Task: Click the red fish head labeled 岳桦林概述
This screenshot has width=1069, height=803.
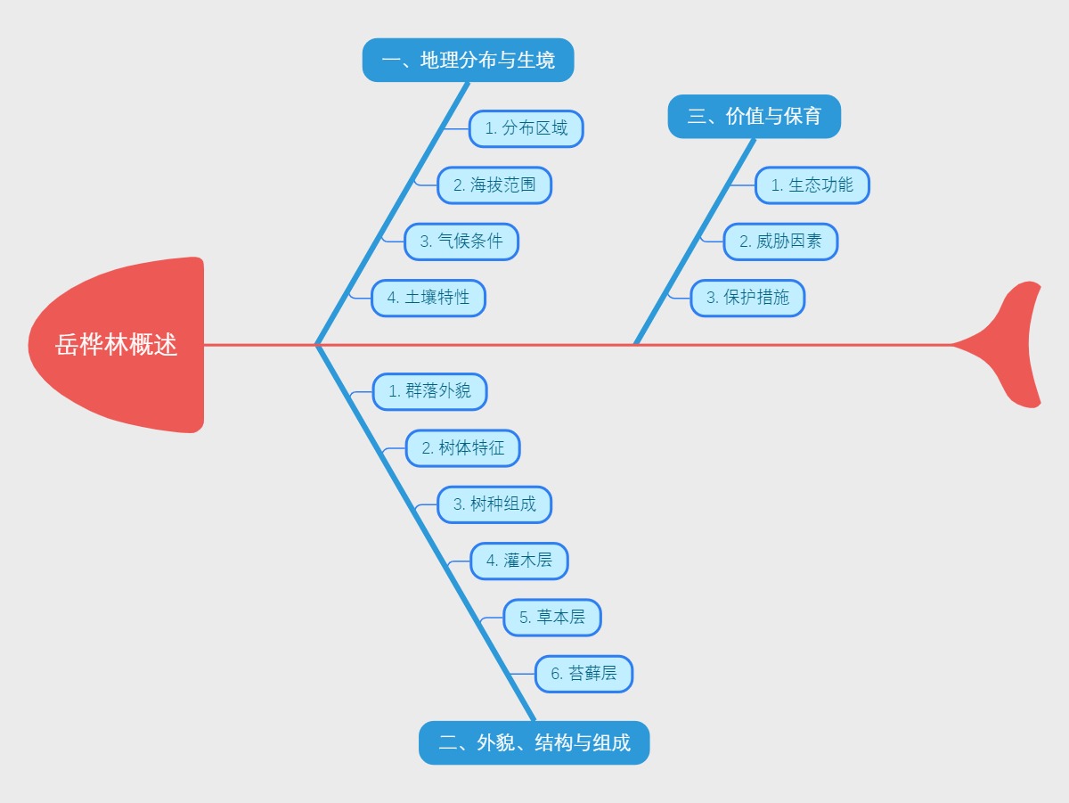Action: (x=117, y=345)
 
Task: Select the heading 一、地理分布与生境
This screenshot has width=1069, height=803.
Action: (x=468, y=61)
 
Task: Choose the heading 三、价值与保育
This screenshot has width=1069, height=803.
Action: (x=754, y=117)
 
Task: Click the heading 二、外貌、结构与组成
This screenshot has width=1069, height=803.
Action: (x=534, y=742)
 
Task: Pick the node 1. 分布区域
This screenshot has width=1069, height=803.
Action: (x=526, y=128)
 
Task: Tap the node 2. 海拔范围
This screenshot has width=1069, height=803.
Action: (x=494, y=185)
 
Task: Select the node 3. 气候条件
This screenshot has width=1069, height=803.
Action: (x=461, y=242)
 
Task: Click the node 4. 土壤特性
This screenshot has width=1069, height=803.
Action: (x=428, y=298)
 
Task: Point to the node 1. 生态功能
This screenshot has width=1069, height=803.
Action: (x=812, y=185)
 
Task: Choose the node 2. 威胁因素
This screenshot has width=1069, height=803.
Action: (x=779, y=242)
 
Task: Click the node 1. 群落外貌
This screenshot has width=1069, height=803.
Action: (x=429, y=391)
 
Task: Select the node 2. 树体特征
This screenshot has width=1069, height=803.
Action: (x=462, y=447)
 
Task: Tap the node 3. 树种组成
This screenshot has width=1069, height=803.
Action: (x=494, y=504)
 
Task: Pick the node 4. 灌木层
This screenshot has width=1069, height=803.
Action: (x=518, y=561)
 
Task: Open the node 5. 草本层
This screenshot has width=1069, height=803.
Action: (x=551, y=617)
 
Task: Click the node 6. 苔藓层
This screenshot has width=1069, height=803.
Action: (x=583, y=673)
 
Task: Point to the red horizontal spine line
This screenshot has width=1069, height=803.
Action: (x=802, y=344)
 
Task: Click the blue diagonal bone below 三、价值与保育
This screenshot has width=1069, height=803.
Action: (x=695, y=241)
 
